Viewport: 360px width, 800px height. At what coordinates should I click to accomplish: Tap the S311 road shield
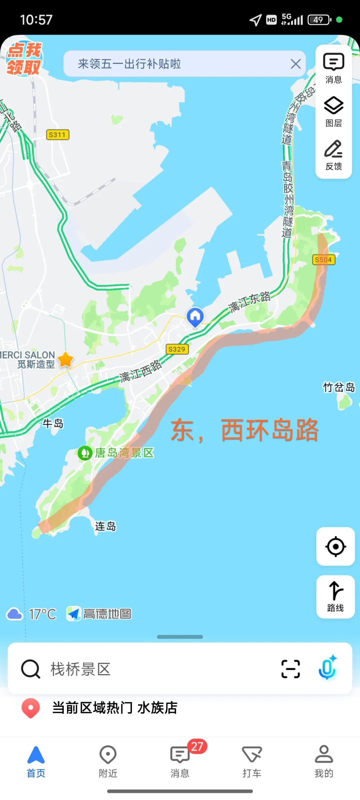tap(57, 135)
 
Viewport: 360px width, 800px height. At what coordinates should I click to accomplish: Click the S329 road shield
tap(177, 349)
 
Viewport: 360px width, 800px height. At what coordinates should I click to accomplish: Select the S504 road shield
tap(323, 260)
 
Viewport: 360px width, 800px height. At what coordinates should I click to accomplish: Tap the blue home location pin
tap(195, 317)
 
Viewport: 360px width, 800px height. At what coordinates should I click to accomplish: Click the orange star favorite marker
tap(66, 360)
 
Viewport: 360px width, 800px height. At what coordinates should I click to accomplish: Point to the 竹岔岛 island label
tap(339, 387)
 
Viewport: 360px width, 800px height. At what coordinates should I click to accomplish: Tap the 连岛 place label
tap(105, 526)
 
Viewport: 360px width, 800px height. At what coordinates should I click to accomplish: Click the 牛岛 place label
tap(53, 423)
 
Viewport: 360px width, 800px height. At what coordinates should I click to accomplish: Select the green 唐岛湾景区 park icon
tap(85, 453)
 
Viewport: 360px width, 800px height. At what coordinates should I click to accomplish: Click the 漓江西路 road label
tap(141, 371)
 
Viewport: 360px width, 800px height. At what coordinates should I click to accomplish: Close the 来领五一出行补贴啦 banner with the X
tap(295, 64)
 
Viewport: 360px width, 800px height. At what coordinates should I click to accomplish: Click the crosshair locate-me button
tap(335, 546)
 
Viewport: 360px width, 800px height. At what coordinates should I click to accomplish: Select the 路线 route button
tap(335, 596)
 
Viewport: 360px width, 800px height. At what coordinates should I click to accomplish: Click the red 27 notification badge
tap(197, 746)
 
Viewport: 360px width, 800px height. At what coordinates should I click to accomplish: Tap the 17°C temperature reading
tap(42, 614)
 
